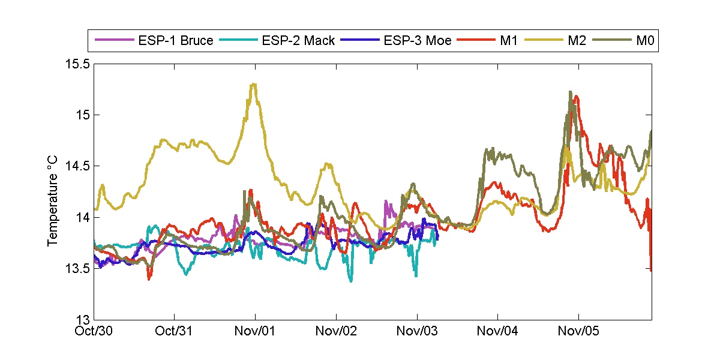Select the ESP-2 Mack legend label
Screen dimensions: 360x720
click(x=298, y=41)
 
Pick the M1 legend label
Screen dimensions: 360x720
click(x=508, y=41)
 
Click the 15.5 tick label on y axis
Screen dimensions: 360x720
click(x=77, y=64)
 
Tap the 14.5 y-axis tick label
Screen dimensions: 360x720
click(x=77, y=166)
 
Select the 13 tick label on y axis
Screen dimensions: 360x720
click(x=83, y=320)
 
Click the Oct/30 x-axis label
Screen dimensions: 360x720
click(x=95, y=331)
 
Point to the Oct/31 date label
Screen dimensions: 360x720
click(x=175, y=331)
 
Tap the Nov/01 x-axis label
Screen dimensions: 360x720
click(x=256, y=331)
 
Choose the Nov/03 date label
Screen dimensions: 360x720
click(x=417, y=331)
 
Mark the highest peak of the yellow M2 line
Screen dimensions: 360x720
click(x=254, y=84)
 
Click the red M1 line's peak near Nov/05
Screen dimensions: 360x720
click(x=577, y=96)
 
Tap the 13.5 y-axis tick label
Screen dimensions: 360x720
click(x=77, y=268)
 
